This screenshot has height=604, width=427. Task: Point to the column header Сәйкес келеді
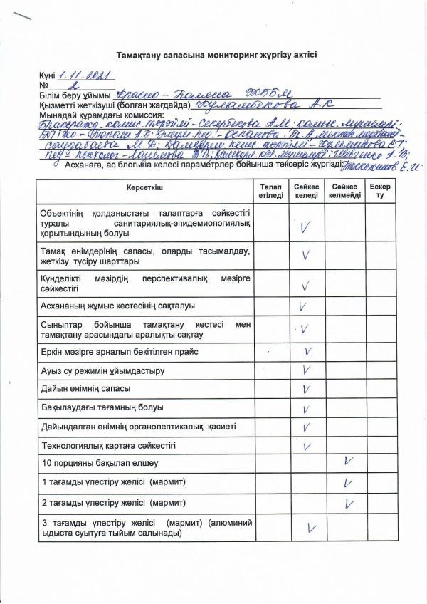(307, 190)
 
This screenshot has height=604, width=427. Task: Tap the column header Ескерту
(380, 190)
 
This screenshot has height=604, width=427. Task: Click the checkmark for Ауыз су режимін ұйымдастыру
(307, 370)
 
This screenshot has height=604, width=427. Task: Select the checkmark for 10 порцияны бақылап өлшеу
(348, 462)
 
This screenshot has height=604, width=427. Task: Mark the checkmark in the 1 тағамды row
(348, 482)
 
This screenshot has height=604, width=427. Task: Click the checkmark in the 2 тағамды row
(349, 503)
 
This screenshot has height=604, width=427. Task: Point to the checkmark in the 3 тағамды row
(310, 528)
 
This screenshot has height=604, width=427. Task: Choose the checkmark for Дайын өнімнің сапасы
(307, 389)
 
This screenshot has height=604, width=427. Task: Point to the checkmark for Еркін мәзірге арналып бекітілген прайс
(308, 351)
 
